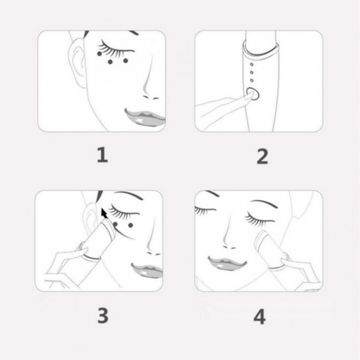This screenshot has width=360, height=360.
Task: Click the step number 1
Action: pyautogui.click(x=102, y=155)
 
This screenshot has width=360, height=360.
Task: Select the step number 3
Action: pyautogui.click(x=103, y=316)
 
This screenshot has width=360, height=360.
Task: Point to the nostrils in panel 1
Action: pyautogui.click(x=151, y=97)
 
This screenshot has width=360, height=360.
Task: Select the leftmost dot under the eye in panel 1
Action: pyautogui.click(x=99, y=54)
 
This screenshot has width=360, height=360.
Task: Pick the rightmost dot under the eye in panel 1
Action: pyautogui.click(x=125, y=60)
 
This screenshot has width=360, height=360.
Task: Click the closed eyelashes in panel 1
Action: pyautogui.click(x=113, y=50)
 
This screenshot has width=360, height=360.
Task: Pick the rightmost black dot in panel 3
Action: pyautogui.click(x=131, y=225)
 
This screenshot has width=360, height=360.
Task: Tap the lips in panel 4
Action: pyautogui.click(x=227, y=262)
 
